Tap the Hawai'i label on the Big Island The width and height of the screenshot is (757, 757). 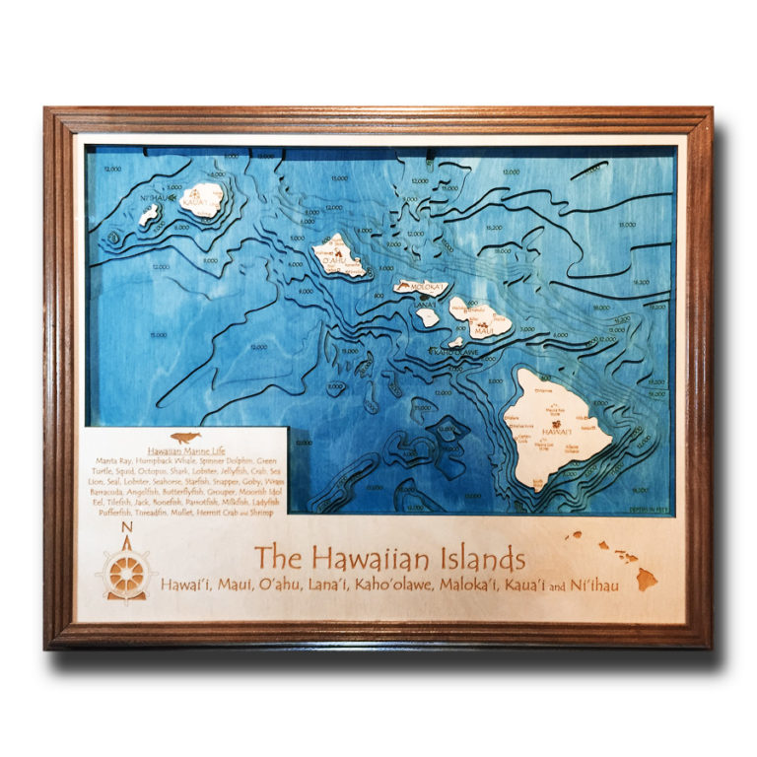point(557,430)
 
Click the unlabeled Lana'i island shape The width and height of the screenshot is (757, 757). point(427,317)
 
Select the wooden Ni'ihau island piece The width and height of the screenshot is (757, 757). point(148,215)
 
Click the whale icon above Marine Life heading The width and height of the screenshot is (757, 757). point(183,439)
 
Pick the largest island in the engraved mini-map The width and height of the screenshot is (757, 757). point(647,579)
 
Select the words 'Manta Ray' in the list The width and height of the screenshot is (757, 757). point(115,461)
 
